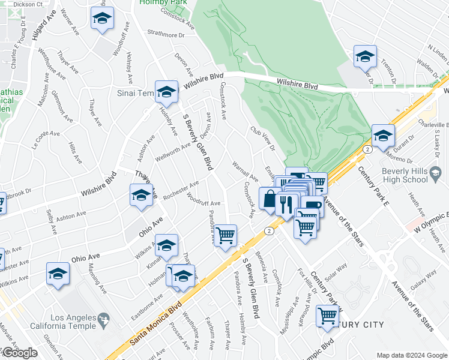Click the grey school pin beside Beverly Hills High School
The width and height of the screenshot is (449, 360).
click(436, 175)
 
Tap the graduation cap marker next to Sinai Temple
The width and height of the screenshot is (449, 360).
click(166, 92)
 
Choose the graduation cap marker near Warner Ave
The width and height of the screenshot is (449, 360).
click(103, 19)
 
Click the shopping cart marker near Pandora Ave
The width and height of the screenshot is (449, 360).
click(225, 235)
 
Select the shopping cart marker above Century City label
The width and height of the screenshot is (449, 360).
click(327, 315)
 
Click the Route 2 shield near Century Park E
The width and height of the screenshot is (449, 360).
click(365, 149)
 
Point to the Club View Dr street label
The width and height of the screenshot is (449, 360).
click(262, 139)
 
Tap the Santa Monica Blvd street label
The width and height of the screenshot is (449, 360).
click(156, 324)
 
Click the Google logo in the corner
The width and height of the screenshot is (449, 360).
click(19, 353)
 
